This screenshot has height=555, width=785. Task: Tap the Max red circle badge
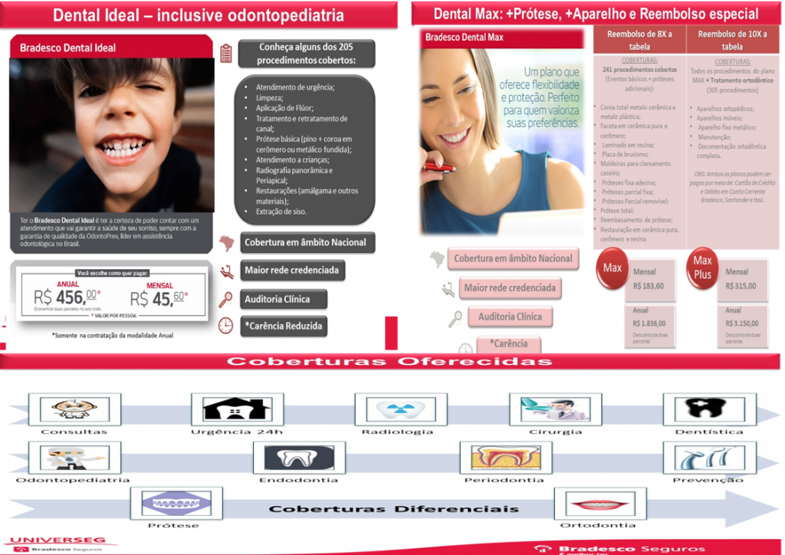coord(613,268)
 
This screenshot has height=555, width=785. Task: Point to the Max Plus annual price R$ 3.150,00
coord(741,323)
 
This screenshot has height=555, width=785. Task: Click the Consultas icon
coord(71,408)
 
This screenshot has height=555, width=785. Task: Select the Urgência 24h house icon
coord(226,408)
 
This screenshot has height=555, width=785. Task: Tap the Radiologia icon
coord(396,408)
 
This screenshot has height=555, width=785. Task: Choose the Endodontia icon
coord(294,457)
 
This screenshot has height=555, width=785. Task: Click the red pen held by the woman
coord(443,166)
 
